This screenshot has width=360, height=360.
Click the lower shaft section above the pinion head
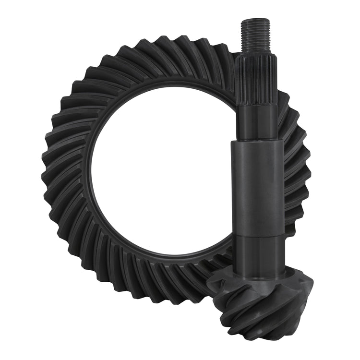(259, 254)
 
